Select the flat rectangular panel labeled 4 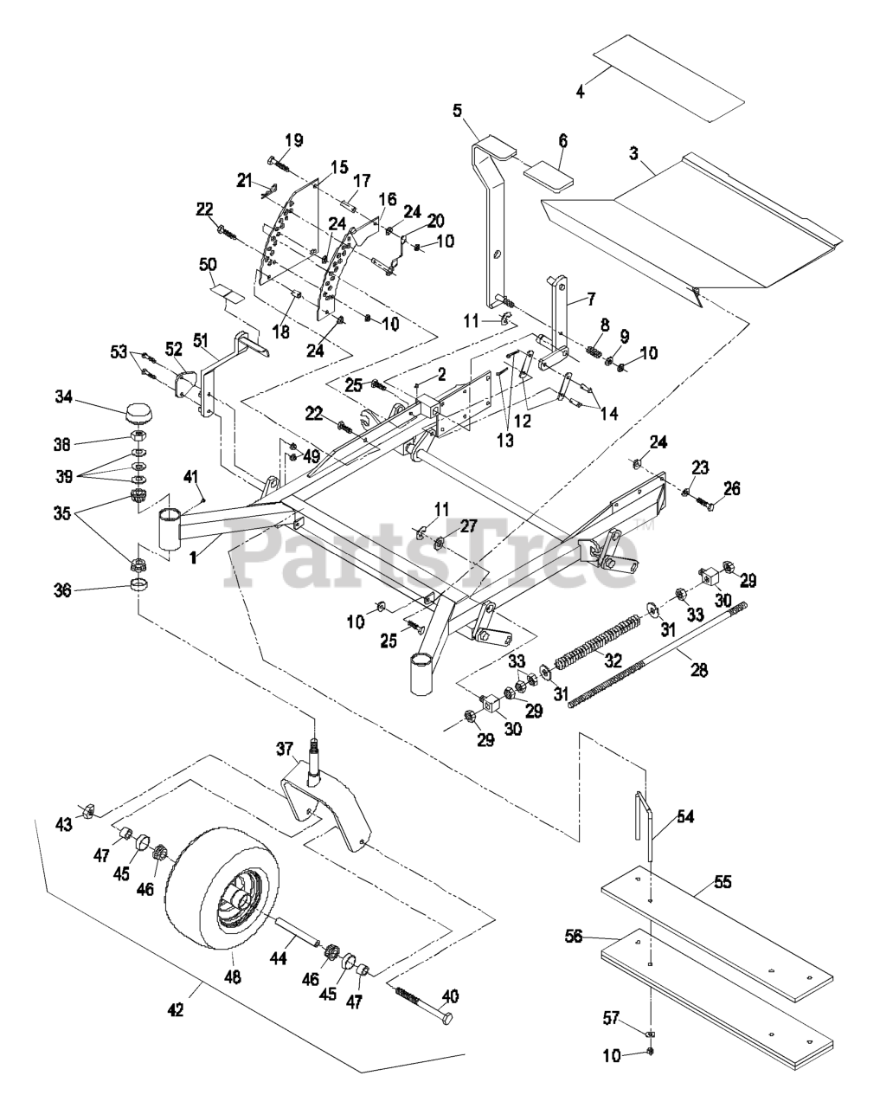click(669, 78)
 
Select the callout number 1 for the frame click(193, 558)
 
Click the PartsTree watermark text click(433, 554)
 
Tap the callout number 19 click(294, 139)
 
